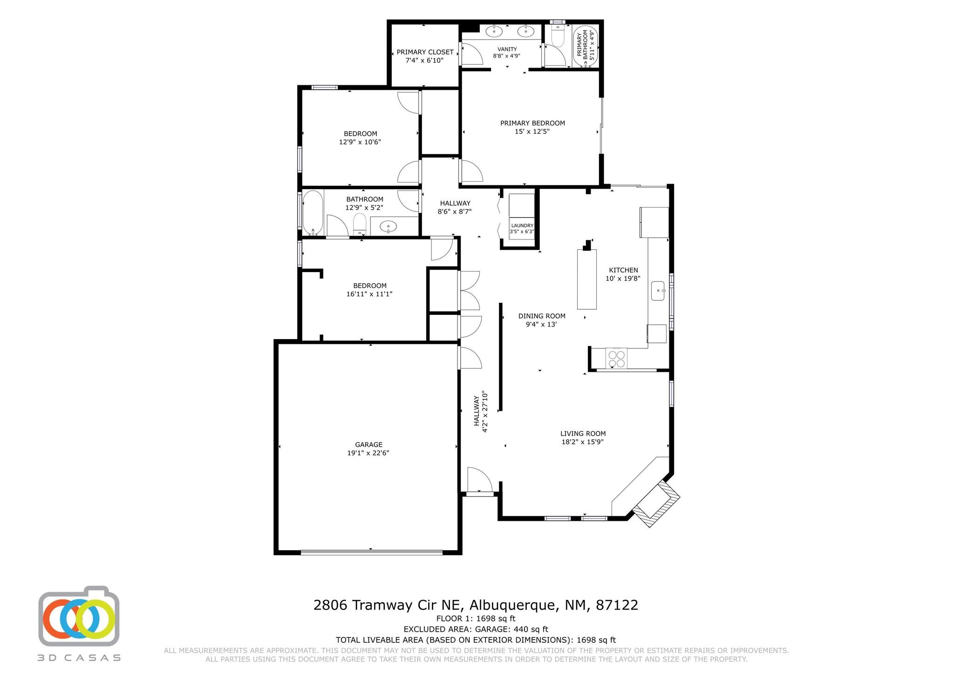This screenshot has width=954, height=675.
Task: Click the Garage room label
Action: [368, 444]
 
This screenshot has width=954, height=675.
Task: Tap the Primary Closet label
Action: [425, 52]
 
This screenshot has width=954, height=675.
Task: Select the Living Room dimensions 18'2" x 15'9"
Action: [583, 442]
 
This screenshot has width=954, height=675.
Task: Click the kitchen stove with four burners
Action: [617, 359]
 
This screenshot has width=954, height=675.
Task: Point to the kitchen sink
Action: [658, 291]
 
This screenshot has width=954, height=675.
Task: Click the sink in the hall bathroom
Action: [388, 227]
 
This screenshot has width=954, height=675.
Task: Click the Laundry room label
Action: [522, 225]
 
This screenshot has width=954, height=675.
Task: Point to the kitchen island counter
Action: [587, 279]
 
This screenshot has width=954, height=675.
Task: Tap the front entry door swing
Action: [480, 479]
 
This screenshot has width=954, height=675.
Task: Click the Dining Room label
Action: [542, 316]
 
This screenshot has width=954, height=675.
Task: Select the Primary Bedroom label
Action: [532, 123]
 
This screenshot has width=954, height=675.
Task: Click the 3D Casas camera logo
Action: [79, 616]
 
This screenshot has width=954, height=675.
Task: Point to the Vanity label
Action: [507, 49]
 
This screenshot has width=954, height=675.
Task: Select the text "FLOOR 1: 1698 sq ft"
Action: [476, 619]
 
